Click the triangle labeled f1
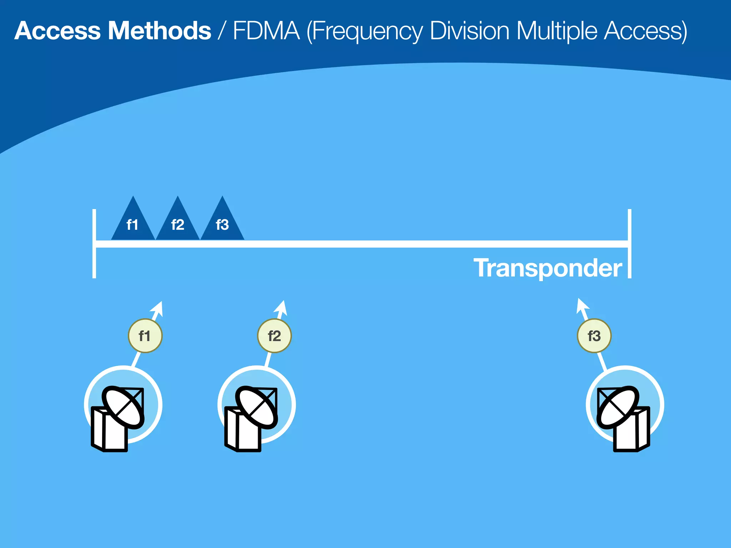(133, 223)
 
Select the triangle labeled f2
(177, 223)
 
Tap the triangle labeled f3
(222, 223)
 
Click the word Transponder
(548, 268)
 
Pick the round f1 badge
(145, 336)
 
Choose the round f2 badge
(274, 336)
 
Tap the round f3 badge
(594, 336)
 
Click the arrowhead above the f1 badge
(158, 308)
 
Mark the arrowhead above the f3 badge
(582, 305)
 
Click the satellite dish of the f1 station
(123, 407)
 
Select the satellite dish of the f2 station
(256, 407)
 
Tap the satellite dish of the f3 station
(618, 407)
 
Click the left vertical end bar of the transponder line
(94, 244)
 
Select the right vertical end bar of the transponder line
(630, 244)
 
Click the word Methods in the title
(159, 31)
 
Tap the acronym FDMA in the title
(266, 31)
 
